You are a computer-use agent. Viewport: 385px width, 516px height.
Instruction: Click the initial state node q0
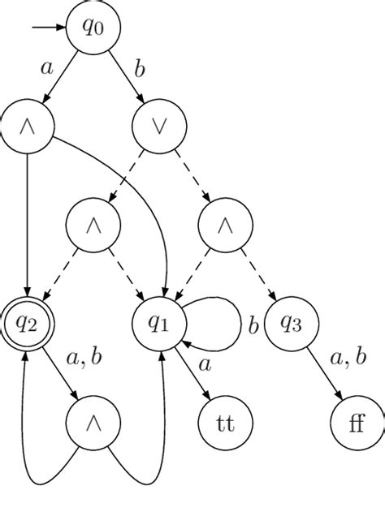coord(94,28)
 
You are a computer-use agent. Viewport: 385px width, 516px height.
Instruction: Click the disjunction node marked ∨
coord(160,127)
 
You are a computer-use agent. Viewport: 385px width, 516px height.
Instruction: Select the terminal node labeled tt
coord(226,424)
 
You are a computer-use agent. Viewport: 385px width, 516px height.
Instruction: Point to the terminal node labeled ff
coord(357,424)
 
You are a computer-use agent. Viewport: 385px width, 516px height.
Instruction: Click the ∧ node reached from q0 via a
coord(28,127)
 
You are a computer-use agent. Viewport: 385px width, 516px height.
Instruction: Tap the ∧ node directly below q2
coord(94,424)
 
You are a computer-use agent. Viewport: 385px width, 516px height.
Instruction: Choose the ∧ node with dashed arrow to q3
coord(226,226)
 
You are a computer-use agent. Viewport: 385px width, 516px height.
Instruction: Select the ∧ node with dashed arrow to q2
coord(94,226)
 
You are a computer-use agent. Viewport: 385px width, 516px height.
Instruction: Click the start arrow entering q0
coord(49,28)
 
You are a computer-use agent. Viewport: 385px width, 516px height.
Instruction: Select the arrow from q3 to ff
coord(324,373)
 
